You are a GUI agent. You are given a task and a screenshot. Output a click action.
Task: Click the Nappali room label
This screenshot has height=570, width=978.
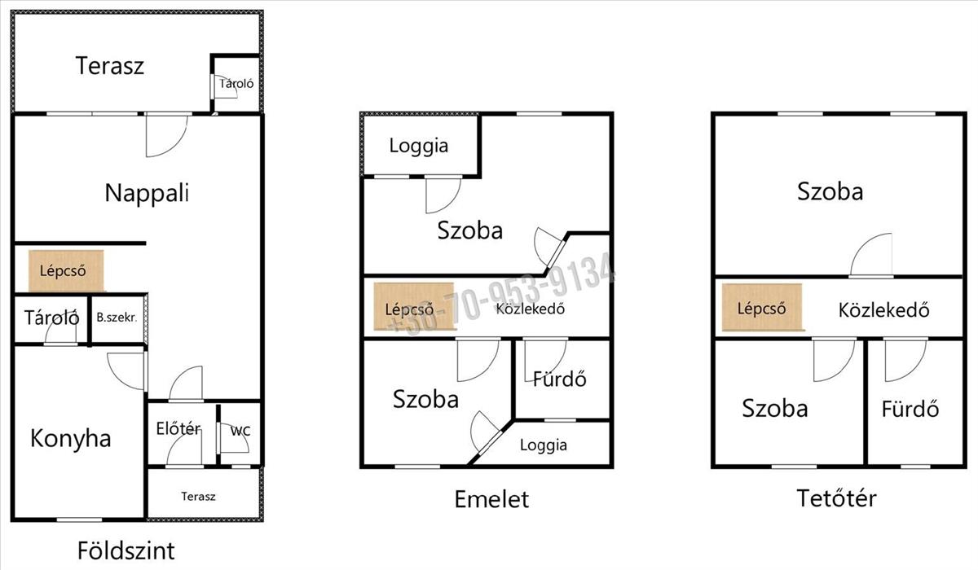148,193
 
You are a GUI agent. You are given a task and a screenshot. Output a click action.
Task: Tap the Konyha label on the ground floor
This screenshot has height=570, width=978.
71,438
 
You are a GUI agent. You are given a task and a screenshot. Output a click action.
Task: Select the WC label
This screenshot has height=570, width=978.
240,432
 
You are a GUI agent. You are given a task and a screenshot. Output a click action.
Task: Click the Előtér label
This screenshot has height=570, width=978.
178,428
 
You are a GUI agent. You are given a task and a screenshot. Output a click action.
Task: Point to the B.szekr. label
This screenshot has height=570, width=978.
117,318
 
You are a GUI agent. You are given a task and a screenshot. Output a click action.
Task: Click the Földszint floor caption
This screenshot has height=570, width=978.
126,550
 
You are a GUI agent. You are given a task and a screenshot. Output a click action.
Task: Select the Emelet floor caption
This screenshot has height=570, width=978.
491,499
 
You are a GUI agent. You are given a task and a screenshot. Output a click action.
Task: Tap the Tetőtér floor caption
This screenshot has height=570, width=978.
836,498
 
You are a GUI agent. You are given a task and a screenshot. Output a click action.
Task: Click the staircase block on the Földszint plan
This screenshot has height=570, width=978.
66,271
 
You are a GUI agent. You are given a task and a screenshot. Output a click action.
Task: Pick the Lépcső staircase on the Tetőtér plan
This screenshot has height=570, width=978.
762,308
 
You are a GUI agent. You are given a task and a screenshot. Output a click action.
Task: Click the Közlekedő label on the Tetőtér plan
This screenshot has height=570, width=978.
883,310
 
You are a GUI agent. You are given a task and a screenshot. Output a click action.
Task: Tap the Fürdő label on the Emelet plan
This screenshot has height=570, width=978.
560,379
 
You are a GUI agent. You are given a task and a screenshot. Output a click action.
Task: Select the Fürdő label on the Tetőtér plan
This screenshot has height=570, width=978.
910,409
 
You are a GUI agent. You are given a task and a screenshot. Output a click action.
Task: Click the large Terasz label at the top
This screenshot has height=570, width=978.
109,66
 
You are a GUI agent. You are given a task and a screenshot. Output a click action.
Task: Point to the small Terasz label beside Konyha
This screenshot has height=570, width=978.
198,496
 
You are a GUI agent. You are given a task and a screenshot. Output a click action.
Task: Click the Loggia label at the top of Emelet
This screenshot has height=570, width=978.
419,146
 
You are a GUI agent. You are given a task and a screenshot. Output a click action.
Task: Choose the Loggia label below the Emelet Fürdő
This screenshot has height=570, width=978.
544,445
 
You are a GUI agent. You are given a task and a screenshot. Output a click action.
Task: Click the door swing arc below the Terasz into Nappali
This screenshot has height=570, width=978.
174,146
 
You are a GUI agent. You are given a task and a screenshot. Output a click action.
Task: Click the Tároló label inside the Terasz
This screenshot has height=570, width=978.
236,83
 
